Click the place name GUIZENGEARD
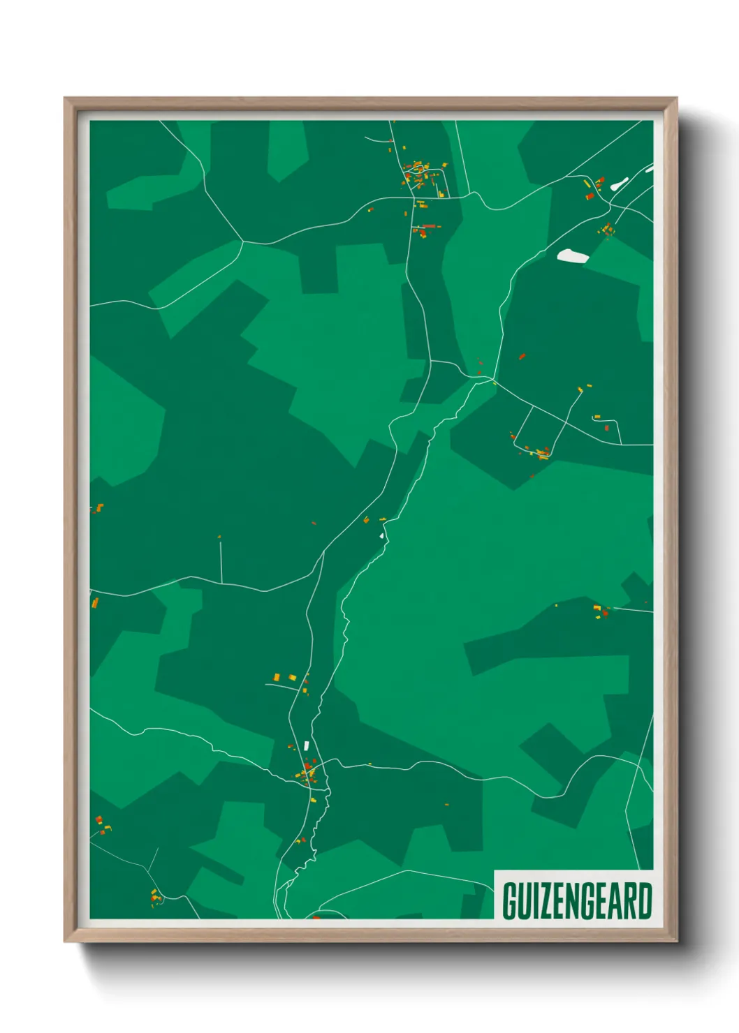pyautogui.click(x=577, y=901)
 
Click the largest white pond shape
pyautogui.click(x=572, y=255)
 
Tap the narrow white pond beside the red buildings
pyautogui.click(x=619, y=184)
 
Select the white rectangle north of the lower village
pyautogui.click(x=306, y=745)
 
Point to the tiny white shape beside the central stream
pyautogui.click(x=381, y=536)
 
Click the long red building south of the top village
pyautogui.click(x=429, y=226)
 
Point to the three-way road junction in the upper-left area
pyautogui.click(x=242, y=241)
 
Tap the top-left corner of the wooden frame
pyautogui.click(x=65, y=98)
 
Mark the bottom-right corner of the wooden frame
pyautogui.click(x=676, y=941)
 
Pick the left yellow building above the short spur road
pyautogui.click(x=277, y=676)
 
